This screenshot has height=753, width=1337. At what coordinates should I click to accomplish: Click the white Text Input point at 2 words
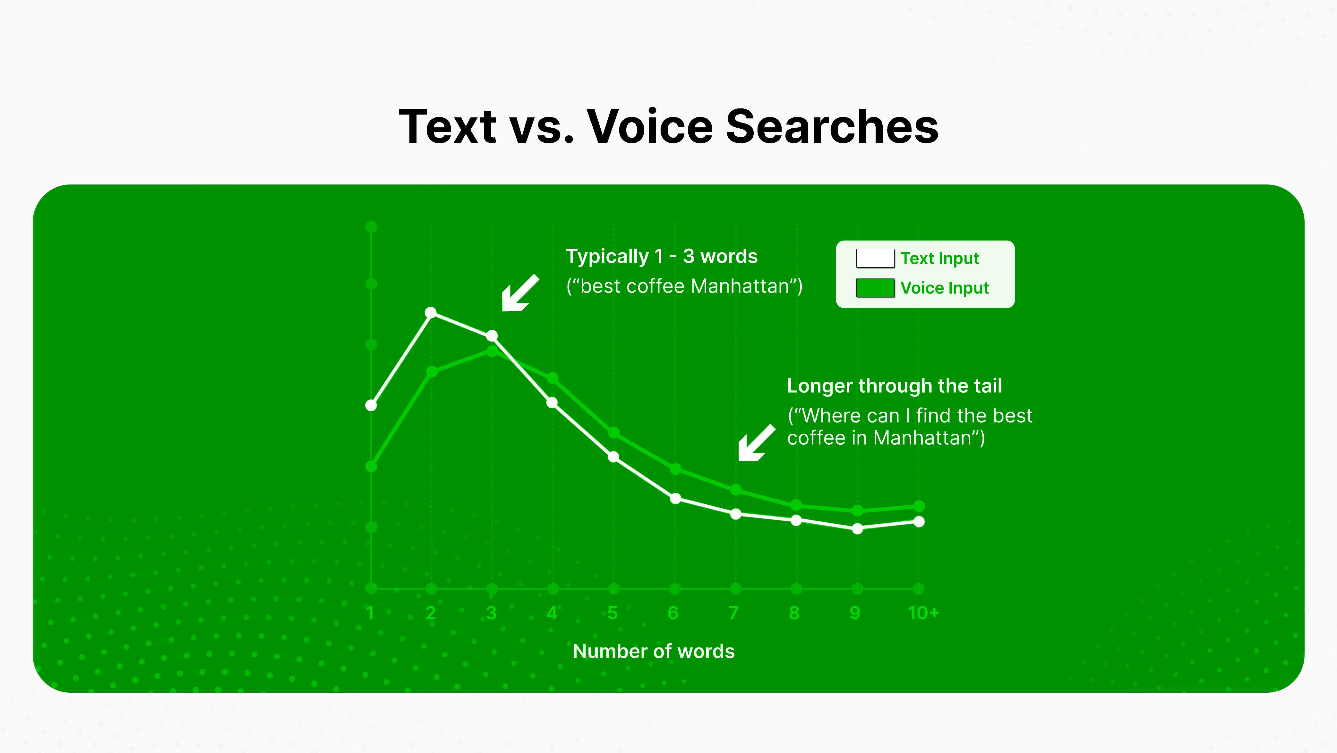431,312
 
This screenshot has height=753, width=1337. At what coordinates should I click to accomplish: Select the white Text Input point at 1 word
371,405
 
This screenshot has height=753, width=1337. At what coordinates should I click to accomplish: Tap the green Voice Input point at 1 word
371,466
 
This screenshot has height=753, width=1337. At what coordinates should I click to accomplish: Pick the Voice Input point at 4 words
553,378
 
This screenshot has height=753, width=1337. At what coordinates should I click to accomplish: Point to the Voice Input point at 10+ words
919,506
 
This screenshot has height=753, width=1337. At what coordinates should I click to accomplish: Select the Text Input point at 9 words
857,529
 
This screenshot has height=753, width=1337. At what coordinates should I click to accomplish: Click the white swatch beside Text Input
875,258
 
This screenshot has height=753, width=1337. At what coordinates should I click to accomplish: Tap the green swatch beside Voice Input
875,287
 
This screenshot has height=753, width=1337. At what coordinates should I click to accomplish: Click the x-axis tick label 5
613,613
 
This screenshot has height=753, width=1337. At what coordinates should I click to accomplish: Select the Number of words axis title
654,651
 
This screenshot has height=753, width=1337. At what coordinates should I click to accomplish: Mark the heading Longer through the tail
894,386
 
